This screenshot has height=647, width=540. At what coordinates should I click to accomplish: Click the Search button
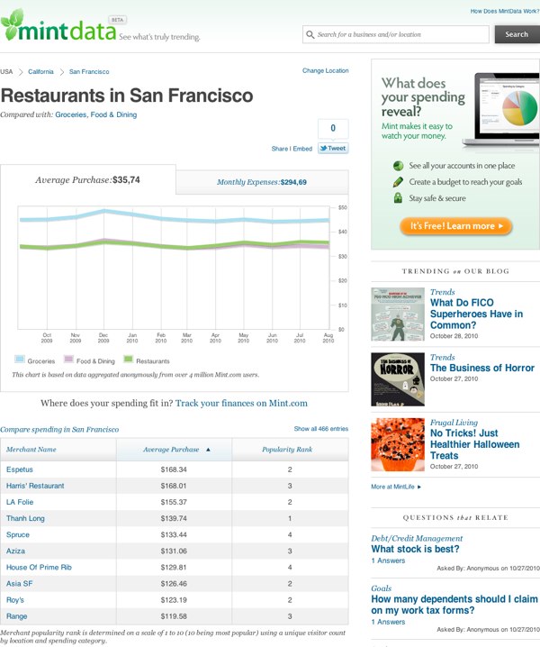[517, 34]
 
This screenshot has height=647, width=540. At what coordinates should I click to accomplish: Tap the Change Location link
[325, 70]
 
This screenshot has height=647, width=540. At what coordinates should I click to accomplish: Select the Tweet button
[333, 149]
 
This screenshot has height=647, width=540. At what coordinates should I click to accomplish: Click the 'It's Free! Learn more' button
[456, 225]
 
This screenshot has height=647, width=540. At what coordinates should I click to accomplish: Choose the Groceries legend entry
[35, 360]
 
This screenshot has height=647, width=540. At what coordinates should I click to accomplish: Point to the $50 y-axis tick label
[342, 208]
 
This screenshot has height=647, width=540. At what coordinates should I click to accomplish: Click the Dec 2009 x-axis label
[103, 338]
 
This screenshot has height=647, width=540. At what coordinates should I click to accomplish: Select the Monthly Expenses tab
[261, 182]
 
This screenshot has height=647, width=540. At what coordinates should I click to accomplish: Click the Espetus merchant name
[19, 469]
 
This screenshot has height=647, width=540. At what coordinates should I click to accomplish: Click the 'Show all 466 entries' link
[320, 429]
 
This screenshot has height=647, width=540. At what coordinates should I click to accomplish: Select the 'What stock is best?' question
[415, 549]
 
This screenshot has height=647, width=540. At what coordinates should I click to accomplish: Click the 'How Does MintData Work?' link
[503, 11]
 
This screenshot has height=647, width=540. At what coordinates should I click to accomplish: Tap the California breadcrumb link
[40, 70]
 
